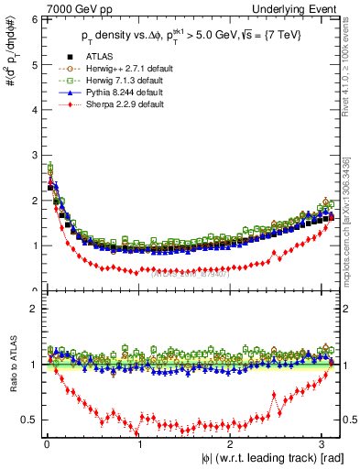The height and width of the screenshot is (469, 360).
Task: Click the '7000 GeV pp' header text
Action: point(71,8)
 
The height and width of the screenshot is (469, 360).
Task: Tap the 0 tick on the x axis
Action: point(47,445)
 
